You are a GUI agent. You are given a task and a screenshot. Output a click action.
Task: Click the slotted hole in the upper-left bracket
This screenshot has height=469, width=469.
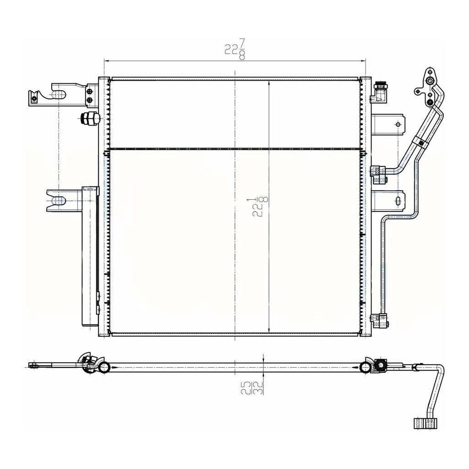pyautogui.click(x=58, y=95)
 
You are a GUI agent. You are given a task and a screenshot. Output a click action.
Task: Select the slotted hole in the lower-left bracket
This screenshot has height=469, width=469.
pyautogui.click(x=58, y=201)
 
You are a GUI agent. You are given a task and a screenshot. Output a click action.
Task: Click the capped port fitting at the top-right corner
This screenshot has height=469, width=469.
pyautogui.click(x=380, y=92)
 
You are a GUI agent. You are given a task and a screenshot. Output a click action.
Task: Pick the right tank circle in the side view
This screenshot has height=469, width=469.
pyautogui.click(x=365, y=367)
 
